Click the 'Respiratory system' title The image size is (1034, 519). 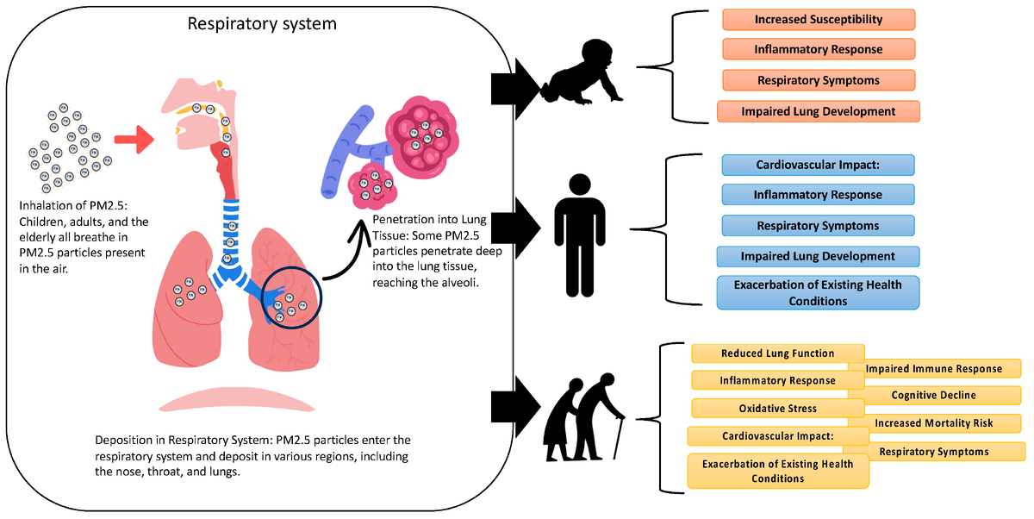pyautogui.click(x=262, y=23)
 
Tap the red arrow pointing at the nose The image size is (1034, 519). pyautogui.click(x=132, y=136)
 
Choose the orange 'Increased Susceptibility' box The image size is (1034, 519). pyautogui.click(x=818, y=19)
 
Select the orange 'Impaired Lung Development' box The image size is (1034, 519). pyautogui.click(x=818, y=111)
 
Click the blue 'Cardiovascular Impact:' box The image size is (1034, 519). pyautogui.click(x=818, y=165)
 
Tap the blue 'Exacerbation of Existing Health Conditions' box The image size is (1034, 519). pyautogui.click(x=818, y=293)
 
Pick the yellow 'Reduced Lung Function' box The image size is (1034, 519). pyautogui.click(x=777, y=353)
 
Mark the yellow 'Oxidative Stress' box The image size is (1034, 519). pyautogui.click(x=777, y=408)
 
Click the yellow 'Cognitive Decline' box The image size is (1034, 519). pyautogui.click(x=933, y=395)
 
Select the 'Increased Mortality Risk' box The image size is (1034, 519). pyautogui.click(x=933, y=423)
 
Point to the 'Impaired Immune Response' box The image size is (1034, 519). pyautogui.click(x=933, y=368)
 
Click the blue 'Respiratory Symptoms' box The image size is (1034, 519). pyautogui.click(x=818, y=226)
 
